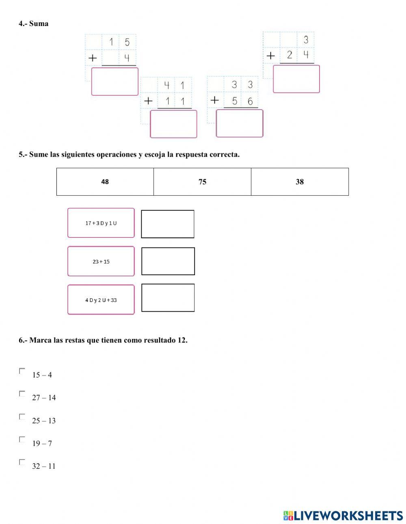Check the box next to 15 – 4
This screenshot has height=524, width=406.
[22, 371]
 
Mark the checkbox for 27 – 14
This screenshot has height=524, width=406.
[22, 393]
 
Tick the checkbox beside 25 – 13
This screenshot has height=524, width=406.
[22, 416]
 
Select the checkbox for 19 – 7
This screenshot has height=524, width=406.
[22, 439]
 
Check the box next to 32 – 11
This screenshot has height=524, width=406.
[22, 462]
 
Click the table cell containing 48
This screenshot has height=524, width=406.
[105, 182]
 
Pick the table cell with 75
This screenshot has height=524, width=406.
[202, 182]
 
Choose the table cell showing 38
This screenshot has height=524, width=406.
[300, 182]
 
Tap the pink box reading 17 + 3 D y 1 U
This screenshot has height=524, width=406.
[101, 223]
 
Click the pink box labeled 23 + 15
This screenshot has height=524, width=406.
[101, 261]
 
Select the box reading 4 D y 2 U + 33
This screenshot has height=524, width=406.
[101, 300]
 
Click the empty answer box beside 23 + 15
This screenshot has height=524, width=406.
[168, 261]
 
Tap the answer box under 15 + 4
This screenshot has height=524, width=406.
[115, 82]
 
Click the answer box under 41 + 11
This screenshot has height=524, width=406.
[174, 124]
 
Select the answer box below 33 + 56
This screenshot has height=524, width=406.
[240, 123]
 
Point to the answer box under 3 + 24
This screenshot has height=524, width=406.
[296, 79]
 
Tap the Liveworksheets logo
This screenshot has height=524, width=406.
[343, 515]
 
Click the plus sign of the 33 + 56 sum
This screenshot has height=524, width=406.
[215, 100]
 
